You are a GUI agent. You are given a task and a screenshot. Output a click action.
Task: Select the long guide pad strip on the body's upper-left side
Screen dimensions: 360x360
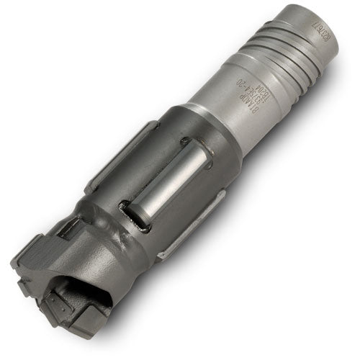click(x=122, y=155)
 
